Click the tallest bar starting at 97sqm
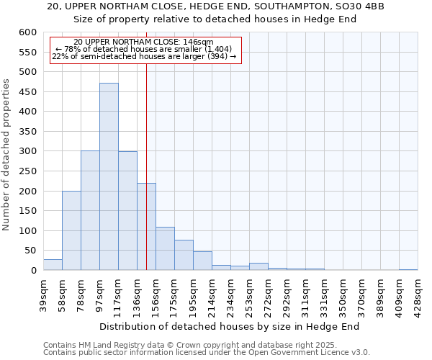109,176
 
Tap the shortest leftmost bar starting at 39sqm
53,265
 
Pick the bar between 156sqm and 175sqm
165,248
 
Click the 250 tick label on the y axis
27,171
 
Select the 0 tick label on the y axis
33,271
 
